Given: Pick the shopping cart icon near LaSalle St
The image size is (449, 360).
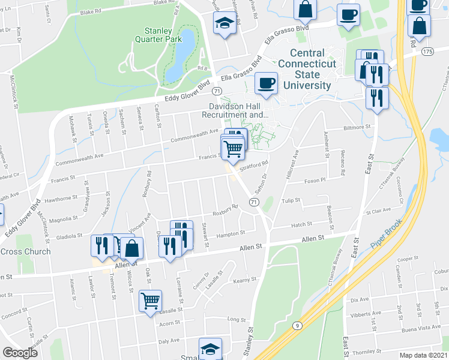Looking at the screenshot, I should coord(150,302).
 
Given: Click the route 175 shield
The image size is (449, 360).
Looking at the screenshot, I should coord(427,52).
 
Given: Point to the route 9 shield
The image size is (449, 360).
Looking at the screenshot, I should coord(296,325).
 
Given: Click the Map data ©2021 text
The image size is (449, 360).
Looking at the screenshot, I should coord(423,355).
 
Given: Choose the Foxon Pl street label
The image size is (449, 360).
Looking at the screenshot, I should coord(315,180).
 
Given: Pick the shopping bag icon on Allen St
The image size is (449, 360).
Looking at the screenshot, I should coord(133,247).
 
